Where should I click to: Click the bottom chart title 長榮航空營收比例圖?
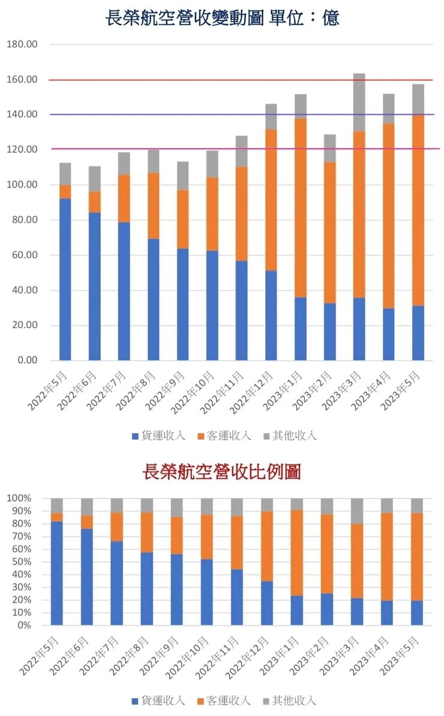(221, 472)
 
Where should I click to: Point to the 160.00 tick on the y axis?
(22, 80)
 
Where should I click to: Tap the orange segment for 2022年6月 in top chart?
(94, 202)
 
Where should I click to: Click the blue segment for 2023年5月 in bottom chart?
(417, 612)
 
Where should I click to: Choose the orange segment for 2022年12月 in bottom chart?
(267, 546)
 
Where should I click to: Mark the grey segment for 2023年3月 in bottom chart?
(357, 511)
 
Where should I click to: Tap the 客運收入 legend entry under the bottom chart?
(224, 700)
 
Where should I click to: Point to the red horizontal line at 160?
(240, 80)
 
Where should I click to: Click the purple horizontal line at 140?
(240, 114)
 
